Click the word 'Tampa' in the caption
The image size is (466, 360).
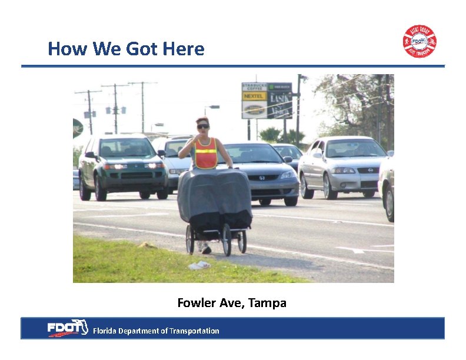tap(267, 304)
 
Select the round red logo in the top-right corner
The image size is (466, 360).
tap(419, 41)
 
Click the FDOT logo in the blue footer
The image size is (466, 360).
tap(67, 328)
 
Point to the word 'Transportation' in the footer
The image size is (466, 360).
tap(194, 331)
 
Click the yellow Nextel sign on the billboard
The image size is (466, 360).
tap(254, 96)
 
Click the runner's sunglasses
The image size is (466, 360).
tap(202, 126)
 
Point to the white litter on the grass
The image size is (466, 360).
tap(199, 265)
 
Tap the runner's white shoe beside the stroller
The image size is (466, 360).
tap(206, 249)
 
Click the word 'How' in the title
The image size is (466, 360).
tap(63, 49)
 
